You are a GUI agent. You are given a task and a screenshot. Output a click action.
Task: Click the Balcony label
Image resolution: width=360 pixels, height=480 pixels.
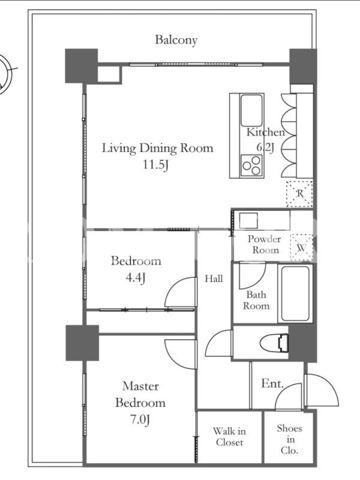pyautogui.click(x=176, y=40)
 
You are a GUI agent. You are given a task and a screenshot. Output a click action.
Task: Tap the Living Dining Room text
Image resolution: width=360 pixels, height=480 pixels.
pyautogui.click(x=157, y=148)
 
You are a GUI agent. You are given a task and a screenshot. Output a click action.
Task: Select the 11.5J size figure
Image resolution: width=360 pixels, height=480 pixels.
pyautogui.click(x=156, y=165)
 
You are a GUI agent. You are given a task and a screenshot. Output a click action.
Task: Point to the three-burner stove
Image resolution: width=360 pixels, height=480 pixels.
pyautogui.click(x=251, y=166)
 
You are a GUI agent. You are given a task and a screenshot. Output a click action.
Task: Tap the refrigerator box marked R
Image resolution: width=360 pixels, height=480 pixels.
pyautogui.click(x=299, y=194)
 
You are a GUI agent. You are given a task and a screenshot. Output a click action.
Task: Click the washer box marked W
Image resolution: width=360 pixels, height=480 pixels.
pyautogui.click(x=301, y=248)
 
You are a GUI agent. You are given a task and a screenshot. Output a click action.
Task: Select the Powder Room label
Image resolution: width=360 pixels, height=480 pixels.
pyautogui.click(x=265, y=244)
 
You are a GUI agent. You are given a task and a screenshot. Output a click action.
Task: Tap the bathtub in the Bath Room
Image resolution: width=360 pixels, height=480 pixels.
pyautogui.click(x=295, y=293)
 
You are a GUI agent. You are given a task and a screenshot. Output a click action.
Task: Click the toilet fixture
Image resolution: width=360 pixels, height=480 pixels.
pyautogui.click(x=274, y=342)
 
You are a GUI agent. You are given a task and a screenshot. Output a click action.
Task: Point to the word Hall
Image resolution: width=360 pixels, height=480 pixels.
pyautogui.click(x=214, y=278)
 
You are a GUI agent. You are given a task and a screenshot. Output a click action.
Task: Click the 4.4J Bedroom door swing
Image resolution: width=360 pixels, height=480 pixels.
pyautogui.click(x=181, y=292)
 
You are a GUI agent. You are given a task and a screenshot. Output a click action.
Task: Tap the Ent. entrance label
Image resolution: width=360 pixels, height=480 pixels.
pyautogui.click(x=272, y=383)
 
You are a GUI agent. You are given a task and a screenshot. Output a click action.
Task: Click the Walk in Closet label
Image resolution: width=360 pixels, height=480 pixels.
pyautogui.click(x=229, y=437)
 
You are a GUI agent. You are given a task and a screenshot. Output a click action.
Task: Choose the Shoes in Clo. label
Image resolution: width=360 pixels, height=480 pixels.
pyautogui.click(x=289, y=439)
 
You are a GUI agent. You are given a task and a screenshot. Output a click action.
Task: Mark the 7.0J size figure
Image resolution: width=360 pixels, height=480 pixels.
pyautogui.click(x=140, y=419)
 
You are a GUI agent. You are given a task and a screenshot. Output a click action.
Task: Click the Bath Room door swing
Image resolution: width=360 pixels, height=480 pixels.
pyautogui.click(x=252, y=275)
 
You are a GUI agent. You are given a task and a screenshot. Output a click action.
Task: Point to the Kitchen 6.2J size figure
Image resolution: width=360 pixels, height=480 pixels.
pyautogui.click(x=265, y=148)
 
